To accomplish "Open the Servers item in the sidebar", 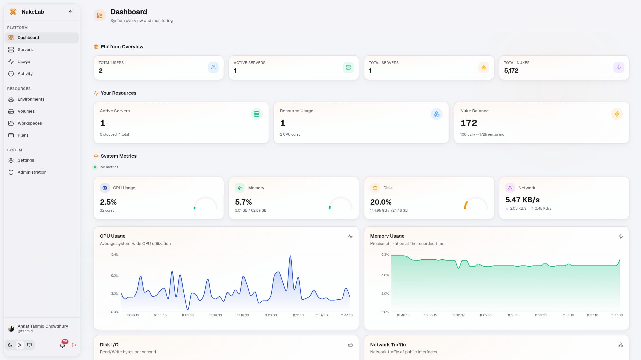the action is (25, 50).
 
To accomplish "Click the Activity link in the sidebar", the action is (25, 74).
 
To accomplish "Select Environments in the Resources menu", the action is (31, 99).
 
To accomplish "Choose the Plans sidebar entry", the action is (23, 135).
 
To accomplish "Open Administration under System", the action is (32, 172).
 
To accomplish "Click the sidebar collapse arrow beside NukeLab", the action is (71, 12).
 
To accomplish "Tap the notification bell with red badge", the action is (62, 345).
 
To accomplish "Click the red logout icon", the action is (74, 345).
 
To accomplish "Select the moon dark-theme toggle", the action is (10, 345).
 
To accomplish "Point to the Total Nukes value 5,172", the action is (511, 71).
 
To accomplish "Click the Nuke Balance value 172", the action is (469, 123).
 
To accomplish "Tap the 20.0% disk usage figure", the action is (381, 202).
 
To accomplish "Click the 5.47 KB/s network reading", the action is (522, 200).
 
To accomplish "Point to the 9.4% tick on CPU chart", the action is (115, 255).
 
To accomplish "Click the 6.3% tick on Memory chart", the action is (385, 255).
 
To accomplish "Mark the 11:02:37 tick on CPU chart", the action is (188, 315).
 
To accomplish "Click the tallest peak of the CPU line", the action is (290, 256).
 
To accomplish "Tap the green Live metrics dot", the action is (95, 167).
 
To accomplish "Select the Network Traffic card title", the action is (388, 345).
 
